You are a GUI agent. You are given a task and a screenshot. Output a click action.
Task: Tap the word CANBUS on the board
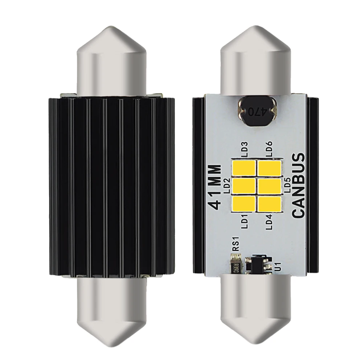click(x=298, y=186)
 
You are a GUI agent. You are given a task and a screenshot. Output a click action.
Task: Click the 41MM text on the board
click(x=216, y=187)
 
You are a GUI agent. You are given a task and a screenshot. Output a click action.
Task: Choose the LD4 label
click(x=269, y=222)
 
